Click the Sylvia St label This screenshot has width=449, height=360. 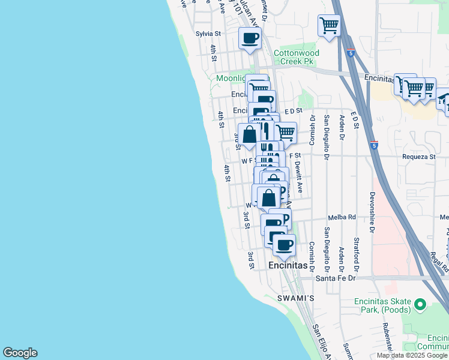point(209,34)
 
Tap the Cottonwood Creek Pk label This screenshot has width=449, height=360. point(297,57)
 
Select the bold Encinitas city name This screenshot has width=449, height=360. point(288,265)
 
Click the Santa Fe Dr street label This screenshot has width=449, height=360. point(337,278)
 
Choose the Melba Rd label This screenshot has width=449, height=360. point(342,217)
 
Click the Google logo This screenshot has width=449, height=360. point(20,353)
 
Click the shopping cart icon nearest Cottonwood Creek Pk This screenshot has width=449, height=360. point(328,26)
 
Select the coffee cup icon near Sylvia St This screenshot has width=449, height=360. point(250,38)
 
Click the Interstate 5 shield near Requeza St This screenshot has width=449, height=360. point(374,145)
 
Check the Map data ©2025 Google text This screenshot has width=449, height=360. point(412,355)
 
